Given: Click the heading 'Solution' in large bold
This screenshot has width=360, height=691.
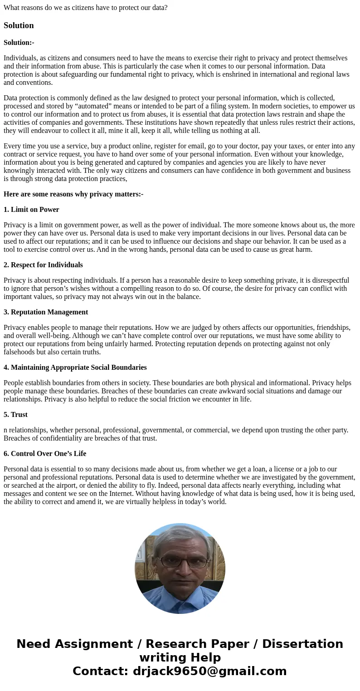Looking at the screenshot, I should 19,25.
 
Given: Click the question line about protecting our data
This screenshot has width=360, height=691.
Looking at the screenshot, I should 85,8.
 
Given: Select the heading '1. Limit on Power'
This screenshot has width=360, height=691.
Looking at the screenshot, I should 31,210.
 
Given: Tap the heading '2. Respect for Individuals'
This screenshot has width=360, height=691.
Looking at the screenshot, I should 43,265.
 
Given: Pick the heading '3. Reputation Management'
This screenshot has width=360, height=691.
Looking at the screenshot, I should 46,312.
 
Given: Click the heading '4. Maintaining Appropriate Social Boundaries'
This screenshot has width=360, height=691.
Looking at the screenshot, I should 75,368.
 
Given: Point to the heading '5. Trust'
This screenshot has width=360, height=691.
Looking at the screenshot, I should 15,415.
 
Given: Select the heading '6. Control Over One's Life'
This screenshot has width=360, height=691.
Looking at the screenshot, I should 45,454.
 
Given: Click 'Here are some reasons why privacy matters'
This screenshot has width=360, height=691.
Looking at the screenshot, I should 73,194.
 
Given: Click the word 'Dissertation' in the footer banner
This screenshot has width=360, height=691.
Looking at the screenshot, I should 302,644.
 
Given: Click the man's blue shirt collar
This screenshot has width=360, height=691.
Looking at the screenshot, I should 180,598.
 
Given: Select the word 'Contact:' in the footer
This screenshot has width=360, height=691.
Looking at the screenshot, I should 100,671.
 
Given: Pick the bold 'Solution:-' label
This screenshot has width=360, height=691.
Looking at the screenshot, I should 19,43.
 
